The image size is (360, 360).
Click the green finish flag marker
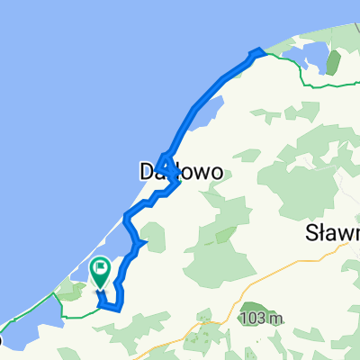(x=100, y=269)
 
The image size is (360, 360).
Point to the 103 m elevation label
(x=262, y=319)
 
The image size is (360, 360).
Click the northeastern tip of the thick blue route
(x=259, y=50)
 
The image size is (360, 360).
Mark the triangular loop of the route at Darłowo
(x=166, y=165)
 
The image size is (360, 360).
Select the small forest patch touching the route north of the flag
(x=145, y=236)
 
